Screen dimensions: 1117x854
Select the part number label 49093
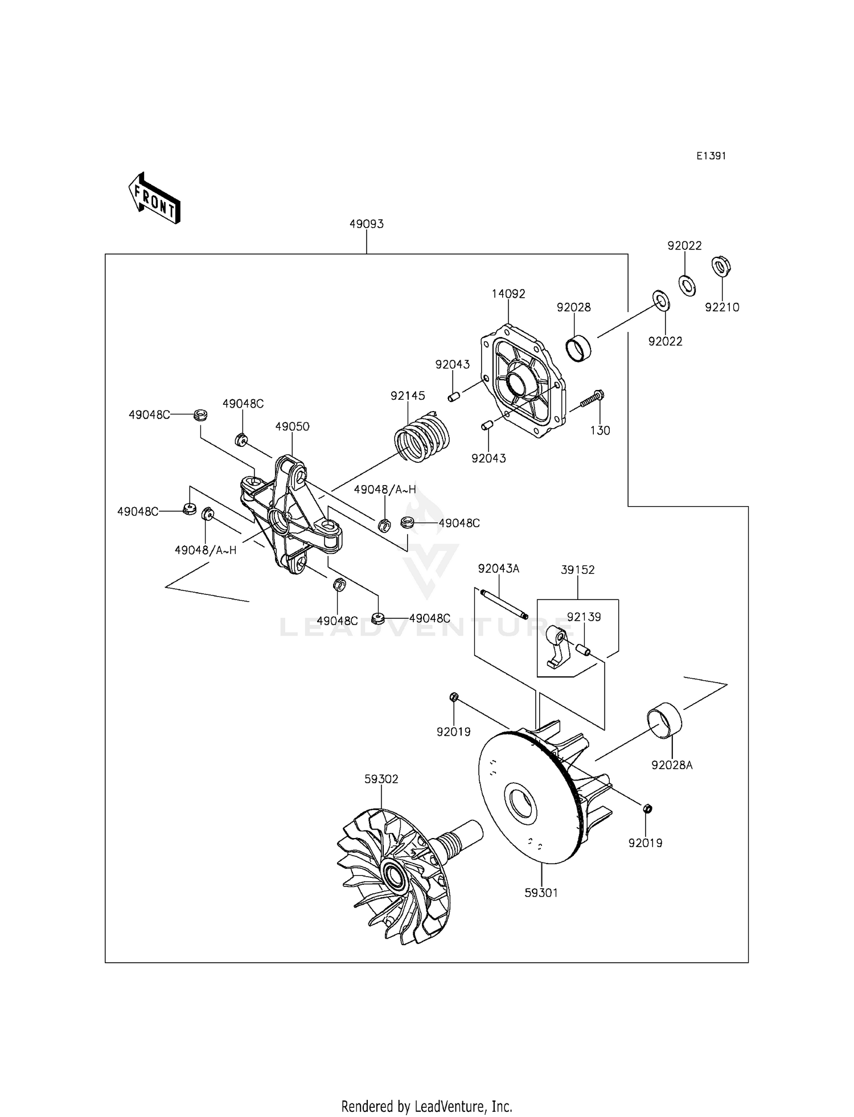[366, 224]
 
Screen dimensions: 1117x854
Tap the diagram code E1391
[711, 155]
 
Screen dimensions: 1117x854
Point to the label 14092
[508, 294]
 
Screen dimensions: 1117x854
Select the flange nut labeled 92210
[721, 266]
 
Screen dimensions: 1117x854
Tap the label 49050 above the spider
[292, 426]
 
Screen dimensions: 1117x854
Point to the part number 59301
[541, 893]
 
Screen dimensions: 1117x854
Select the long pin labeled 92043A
[504, 604]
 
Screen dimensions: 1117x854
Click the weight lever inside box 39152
[556, 646]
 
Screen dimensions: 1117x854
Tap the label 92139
[584, 617]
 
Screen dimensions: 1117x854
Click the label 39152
[577, 569]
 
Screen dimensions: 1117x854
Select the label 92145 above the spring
[408, 395]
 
